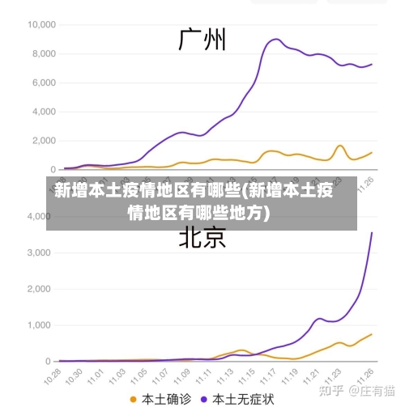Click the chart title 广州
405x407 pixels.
point(202,39)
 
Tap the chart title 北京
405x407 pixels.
point(202,237)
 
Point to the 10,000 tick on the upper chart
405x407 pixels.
point(40,24)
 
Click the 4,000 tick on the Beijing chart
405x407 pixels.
point(37,216)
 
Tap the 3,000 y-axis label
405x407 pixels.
point(37,252)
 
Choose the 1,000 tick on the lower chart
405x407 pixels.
point(37,325)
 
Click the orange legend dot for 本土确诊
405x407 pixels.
point(134,398)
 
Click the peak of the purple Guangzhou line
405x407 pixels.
point(276,39)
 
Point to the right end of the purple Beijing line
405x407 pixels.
point(372,233)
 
